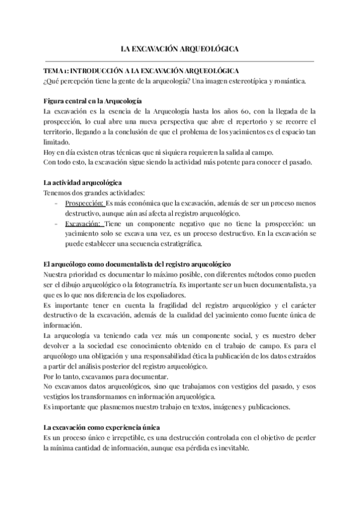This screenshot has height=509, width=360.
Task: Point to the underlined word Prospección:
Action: (83, 203)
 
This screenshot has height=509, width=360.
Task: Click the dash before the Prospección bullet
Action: (56, 203)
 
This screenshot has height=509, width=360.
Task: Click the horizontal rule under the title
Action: (179, 61)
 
